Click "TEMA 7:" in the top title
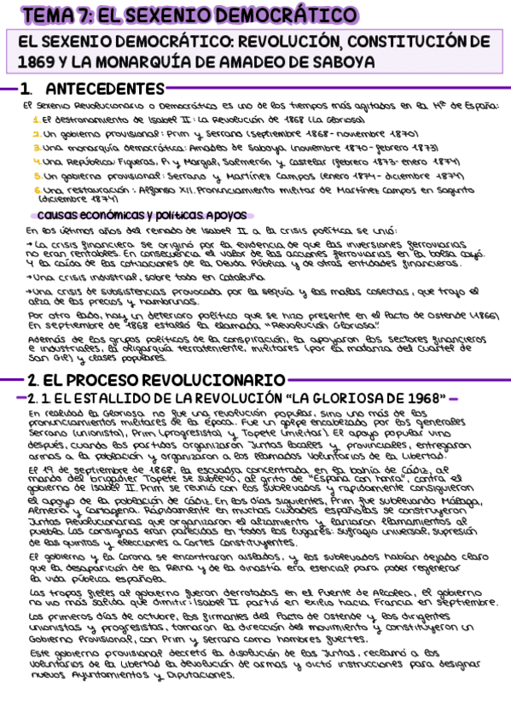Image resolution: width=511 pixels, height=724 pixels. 58,15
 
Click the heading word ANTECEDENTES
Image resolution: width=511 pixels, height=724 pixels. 104,89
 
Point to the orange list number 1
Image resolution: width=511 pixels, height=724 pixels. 36,120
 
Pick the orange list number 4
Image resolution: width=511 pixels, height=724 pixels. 36,161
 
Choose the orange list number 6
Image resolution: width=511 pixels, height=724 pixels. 36,190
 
